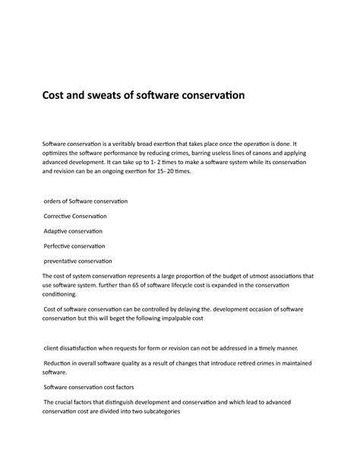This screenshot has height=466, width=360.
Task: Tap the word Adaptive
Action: pyautogui.click(x=58, y=231)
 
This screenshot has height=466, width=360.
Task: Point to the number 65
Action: pyautogui.click(x=154, y=286)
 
